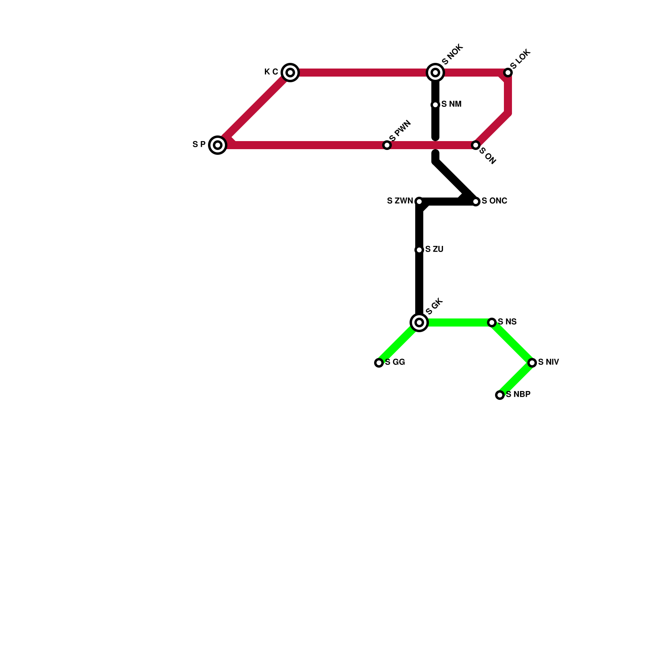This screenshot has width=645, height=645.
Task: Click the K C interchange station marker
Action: pyautogui.click(x=290, y=73)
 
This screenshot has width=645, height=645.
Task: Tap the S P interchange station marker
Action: pyautogui.click(x=218, y=145)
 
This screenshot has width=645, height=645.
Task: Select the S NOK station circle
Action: pyautogui.click(x=435, y=73)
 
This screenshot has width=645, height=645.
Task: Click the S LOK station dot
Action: pyautogui.click(x=508, y=73)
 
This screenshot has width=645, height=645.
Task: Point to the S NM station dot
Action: pyautogui.click(x=435, y=105)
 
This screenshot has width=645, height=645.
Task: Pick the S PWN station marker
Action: pyautogui.click(x=387, y=145)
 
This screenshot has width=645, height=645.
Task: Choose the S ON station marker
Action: pyautogui.click(x=476, y=145)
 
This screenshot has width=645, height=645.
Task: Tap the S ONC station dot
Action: pyautogui.click(x=476, y=202)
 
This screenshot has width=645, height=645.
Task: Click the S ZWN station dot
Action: pyautogui.click(x=419, y=202)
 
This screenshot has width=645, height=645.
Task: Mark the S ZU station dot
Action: pyautogui.click(x=419, y=250)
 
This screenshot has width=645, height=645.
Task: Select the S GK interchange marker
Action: pyautogui.click(x=419, y=322)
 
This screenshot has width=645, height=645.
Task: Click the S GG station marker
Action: pyautogui.click(x=379, y=363)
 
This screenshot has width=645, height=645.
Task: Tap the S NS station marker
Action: pyautogui.click(x=492, y=322)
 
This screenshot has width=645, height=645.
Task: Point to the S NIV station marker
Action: pyautogui.click(x=532, y=363)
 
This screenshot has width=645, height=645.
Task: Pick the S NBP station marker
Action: pyautogui.click(x=500, y=395)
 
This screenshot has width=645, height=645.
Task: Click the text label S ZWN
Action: pyautogui.click(x=399, y=201)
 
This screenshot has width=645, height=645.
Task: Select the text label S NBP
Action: pyautogui.click(x=518, y=394)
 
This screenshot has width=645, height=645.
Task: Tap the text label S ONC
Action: pyautogui.click(x=494, y=201)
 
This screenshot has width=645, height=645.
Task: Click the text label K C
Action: pyautogui.click(x=271, y=72)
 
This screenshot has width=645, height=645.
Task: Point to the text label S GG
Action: pyautogui.click(x=395, y=362)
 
